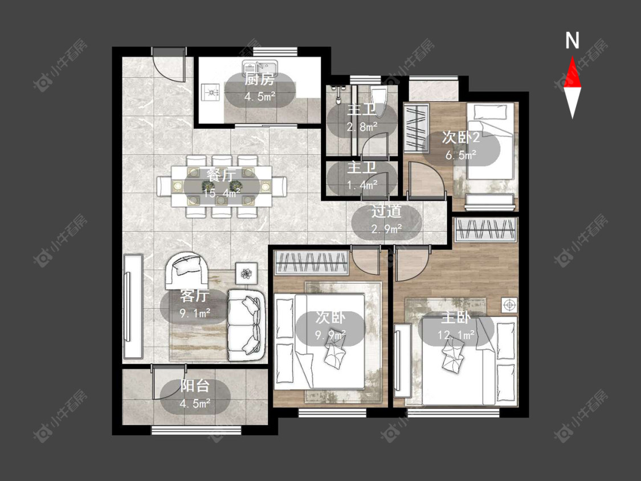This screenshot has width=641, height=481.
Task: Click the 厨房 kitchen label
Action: (259, 79)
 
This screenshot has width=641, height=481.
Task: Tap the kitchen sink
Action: (260, 66)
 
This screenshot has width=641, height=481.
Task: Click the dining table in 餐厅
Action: (222, 186)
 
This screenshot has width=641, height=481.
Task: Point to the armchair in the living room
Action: (186, 270)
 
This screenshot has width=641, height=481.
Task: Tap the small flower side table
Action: (246, 273)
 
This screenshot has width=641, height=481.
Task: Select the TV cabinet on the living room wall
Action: (133, 307)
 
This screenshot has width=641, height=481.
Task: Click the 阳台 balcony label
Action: (195, 386)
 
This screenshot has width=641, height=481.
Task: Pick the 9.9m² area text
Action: (330, 336)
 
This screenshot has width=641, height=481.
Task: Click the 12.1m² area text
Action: (456, 335)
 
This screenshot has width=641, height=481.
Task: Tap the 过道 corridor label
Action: (386, 211)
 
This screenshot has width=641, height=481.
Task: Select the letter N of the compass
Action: (572, 40)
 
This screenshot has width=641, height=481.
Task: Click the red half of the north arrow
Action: (572, 74)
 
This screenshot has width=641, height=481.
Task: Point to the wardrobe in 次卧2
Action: (417, 128)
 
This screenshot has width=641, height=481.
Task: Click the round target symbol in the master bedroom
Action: (509, 305)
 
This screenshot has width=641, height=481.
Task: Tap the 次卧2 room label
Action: (461, 137)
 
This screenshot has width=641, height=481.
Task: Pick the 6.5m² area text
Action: (461, 155)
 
